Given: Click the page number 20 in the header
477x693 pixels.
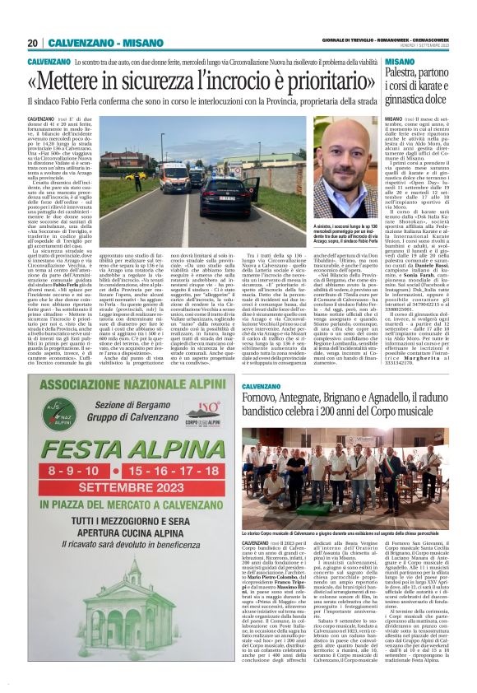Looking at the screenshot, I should (33, 43).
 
